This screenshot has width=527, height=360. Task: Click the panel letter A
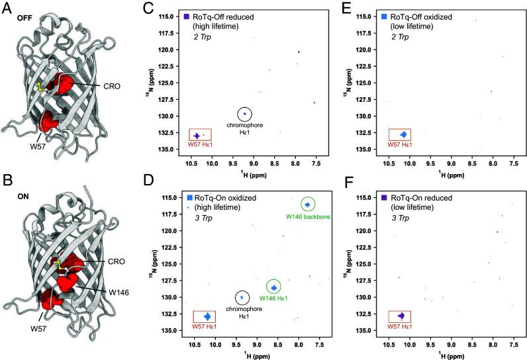pos(6,7)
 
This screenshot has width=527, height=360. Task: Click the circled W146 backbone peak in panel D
pos(307,204)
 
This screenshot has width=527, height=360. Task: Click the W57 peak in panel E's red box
pos(403,135)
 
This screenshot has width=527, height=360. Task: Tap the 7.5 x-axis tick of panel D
pos(318,344)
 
